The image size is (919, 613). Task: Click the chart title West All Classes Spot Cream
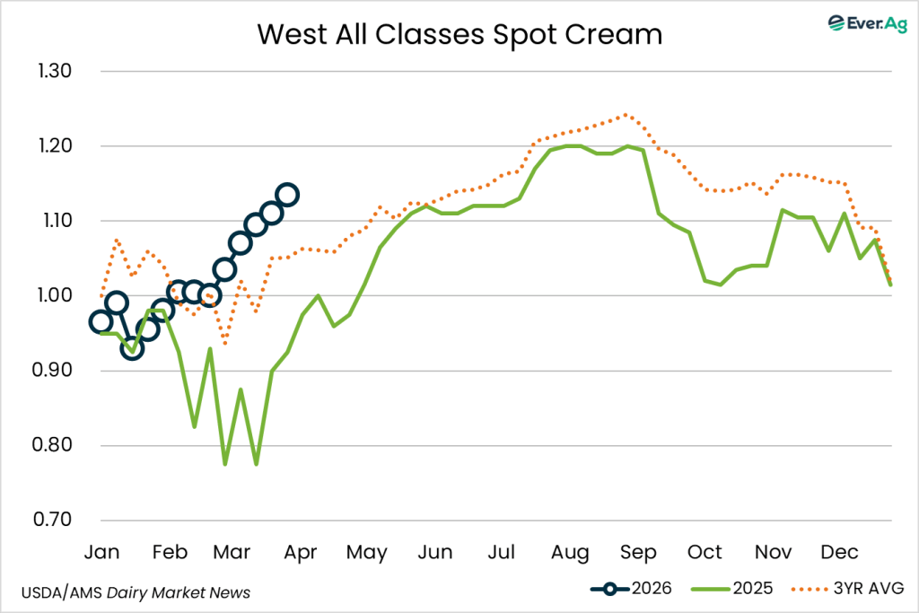pos(459,35)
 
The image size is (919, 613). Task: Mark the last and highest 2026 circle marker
pos(287,194)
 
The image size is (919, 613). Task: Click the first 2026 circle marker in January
pos(101,322)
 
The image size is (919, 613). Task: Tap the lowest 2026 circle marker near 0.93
pos(132,348)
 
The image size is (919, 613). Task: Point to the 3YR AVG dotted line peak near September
pos(626,115)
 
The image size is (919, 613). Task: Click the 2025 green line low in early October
pos(722,285)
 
